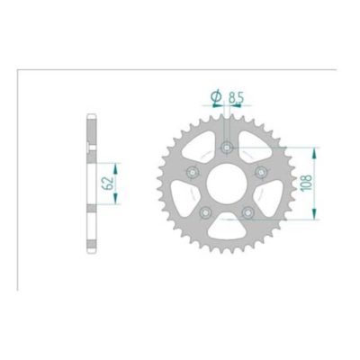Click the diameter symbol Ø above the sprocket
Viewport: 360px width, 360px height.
[217, 95]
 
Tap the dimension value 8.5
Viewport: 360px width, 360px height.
[238, 95]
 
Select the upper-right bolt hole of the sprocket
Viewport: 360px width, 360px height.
[260, 171]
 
